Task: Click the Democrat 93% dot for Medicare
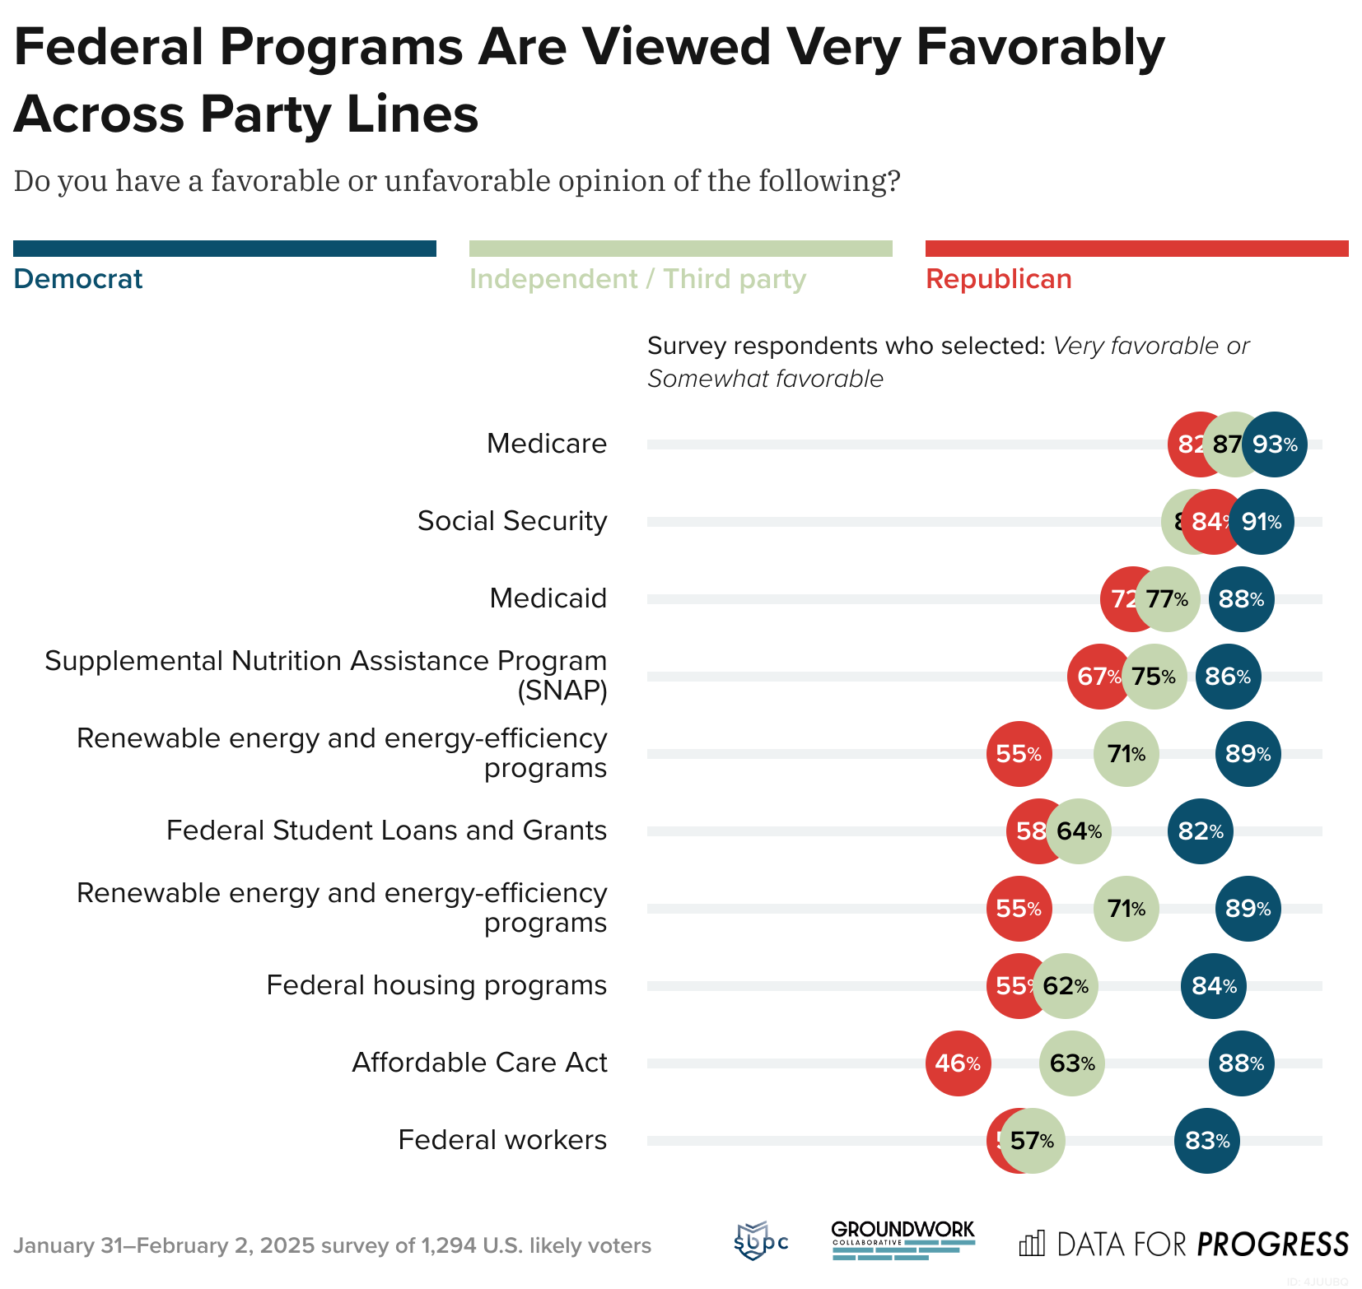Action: pos(1274,444)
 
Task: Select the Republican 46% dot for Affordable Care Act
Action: pos(958,1063)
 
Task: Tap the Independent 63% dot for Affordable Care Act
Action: pos(1071,1063)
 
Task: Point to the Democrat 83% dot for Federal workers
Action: pos(1206,1141)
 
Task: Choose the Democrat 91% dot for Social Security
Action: pos(1262,522)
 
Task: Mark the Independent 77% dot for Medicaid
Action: pos(1168,599)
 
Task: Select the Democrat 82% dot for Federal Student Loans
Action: pos(1200,831)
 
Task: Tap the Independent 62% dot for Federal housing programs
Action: pos(1066,986)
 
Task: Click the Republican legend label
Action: pos(998,279)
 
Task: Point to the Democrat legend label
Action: pos(78,279)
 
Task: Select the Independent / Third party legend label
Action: pos(637,279)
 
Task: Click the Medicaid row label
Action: pos(548,598)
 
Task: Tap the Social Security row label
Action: pos(511,521)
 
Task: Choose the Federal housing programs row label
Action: pos(436,985)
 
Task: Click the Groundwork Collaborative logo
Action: pos(903,1240)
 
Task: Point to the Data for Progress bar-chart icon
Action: pos(1032,1243)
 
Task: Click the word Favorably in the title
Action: pos(1040,47)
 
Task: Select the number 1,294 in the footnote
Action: pos(448,1245)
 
